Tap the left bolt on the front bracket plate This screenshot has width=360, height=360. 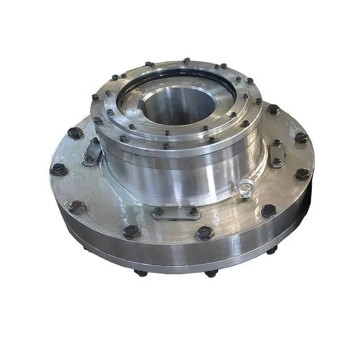click(158, 210)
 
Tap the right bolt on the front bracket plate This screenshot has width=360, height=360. click(193, 210)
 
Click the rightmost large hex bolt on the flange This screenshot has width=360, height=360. click(302, 174)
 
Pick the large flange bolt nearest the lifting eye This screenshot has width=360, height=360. click(269, 210)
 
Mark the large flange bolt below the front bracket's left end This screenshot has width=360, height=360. click(131, 232)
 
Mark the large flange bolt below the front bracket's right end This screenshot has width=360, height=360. click(204, 233)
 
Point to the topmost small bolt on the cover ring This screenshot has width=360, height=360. click(186, 60)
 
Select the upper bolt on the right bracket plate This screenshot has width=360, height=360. click(277, 143)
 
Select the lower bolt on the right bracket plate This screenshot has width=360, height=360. click(277, 161)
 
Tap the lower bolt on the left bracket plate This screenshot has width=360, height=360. click(90, 158)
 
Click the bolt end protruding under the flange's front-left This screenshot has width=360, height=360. click(141, 273)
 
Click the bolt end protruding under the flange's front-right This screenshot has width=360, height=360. click(209, 273)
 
